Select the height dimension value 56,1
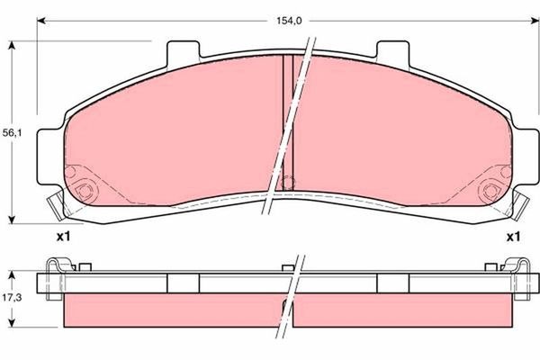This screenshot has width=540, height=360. click(x=12, y=133)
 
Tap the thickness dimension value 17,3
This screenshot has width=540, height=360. click(x=12, y=297)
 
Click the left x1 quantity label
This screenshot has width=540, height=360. click(x=63, y=238)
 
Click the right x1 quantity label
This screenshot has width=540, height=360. click(x=512, y=238)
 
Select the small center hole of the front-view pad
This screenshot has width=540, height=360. click(x=287, y=184)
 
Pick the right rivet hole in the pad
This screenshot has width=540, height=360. click(x=490, y=190)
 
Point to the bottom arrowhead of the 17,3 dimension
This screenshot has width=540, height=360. click(x=12, y=325)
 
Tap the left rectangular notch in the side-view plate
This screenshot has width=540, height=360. click(x=183, y=283)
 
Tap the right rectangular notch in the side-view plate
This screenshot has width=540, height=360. click(x=391, y=283)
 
